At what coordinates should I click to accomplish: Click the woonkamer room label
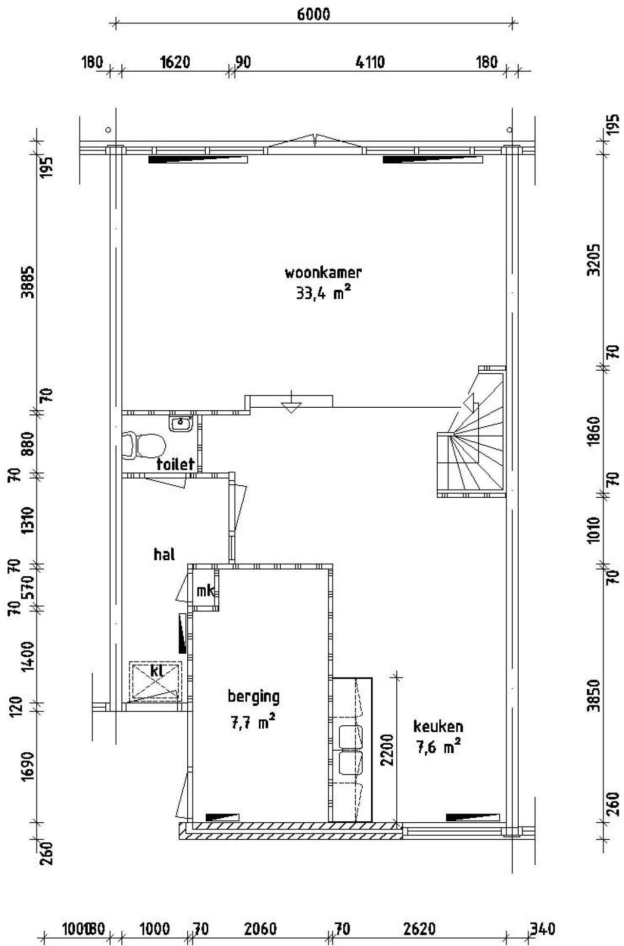click(323, 272)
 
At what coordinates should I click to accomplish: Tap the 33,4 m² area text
click(323, 293)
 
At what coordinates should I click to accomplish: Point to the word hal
click(164, 554)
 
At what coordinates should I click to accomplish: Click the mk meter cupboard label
click(205, 591)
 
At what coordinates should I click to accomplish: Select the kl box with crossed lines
click(156, 681)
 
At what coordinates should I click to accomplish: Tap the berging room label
click(253, 697)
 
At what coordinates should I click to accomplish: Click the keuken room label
click(438, 727)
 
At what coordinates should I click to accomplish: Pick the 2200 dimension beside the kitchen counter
click(387, 750)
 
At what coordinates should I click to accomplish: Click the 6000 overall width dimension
click(313, 15)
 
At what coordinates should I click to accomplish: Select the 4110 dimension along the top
click(370, 62)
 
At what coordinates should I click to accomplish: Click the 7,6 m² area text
click(438, 747)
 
